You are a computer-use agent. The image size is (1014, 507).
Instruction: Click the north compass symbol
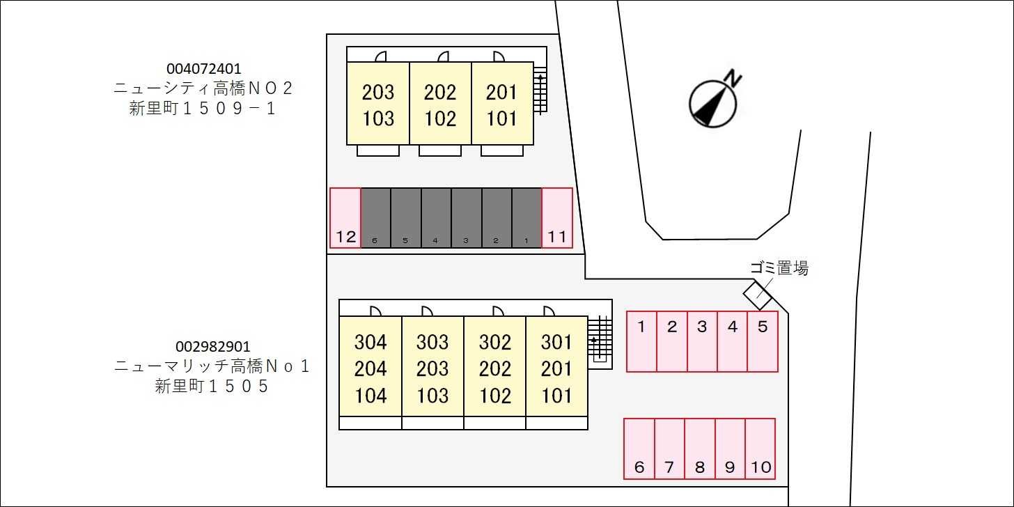coord(712,103)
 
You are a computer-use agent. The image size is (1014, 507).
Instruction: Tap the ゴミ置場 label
coord(779,268)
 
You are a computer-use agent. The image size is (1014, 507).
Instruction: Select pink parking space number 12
coord(345,218)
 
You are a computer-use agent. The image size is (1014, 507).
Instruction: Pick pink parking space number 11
coord(557,218)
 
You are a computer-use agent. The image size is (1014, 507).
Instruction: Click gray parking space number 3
coord(466,218)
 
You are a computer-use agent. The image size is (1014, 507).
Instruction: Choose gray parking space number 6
coord(375,218)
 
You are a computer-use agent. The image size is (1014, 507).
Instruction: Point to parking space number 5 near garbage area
coord(763,341)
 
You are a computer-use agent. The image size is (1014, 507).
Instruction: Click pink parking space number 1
coord(641,341)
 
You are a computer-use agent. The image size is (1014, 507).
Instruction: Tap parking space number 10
coord(760,448)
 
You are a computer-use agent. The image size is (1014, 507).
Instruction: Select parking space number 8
coord(700,448)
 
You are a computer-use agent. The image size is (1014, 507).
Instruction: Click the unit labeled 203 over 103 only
coord(378,104)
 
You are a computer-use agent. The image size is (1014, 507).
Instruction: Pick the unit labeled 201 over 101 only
coord(502,104)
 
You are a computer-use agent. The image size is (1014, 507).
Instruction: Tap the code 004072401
coord(204,69)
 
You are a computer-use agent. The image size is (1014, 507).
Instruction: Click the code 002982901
coord(212,347)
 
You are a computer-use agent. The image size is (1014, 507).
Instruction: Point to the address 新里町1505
coord(212,387)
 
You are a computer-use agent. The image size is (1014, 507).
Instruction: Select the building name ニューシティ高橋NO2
coord(204,88)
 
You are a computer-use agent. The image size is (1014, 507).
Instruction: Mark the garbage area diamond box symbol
coord(758,295)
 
